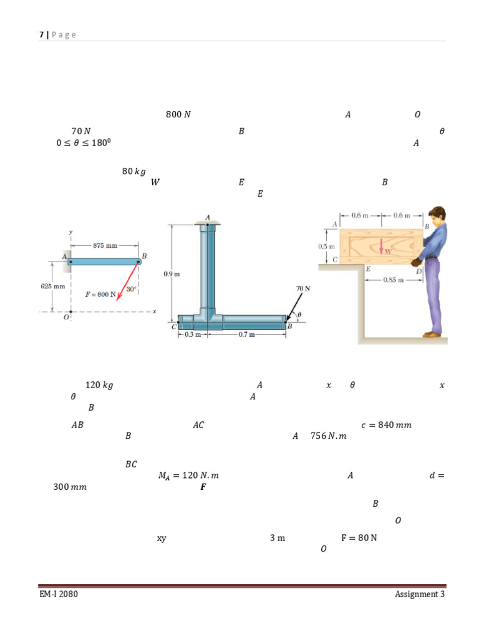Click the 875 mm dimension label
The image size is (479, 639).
105,245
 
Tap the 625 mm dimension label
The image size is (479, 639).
53,286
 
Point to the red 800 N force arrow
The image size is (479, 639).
127,281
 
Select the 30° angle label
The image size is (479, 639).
131,289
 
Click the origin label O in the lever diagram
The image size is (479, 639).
66,317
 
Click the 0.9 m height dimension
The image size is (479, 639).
172,274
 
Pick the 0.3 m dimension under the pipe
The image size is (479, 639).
193,334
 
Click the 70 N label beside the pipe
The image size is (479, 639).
303,288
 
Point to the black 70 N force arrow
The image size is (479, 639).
294,306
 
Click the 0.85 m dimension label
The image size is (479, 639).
394,280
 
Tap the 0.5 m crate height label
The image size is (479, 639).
326,246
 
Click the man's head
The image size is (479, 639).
437,215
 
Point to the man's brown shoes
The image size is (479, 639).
432,334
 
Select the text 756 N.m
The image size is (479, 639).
328,436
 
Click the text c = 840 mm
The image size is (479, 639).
386,424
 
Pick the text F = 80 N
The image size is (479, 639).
359,537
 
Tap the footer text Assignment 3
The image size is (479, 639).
420,594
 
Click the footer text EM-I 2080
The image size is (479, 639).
59,594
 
